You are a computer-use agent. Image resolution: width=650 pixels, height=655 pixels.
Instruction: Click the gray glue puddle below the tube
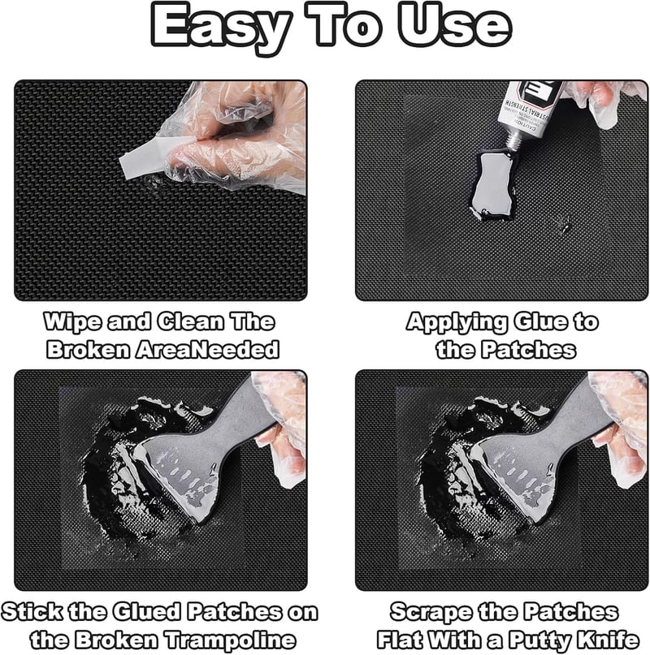click(494, 184)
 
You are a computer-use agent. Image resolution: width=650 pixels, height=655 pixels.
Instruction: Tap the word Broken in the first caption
click(88, 350)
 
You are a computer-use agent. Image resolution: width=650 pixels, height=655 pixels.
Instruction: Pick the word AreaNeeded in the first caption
click(207, 350)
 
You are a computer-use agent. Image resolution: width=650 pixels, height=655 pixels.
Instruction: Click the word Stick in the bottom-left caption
click(32, 612)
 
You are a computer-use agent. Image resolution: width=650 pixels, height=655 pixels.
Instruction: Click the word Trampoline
click(229, 640)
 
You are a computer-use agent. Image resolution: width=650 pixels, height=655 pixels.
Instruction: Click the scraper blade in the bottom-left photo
click(180, 472)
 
